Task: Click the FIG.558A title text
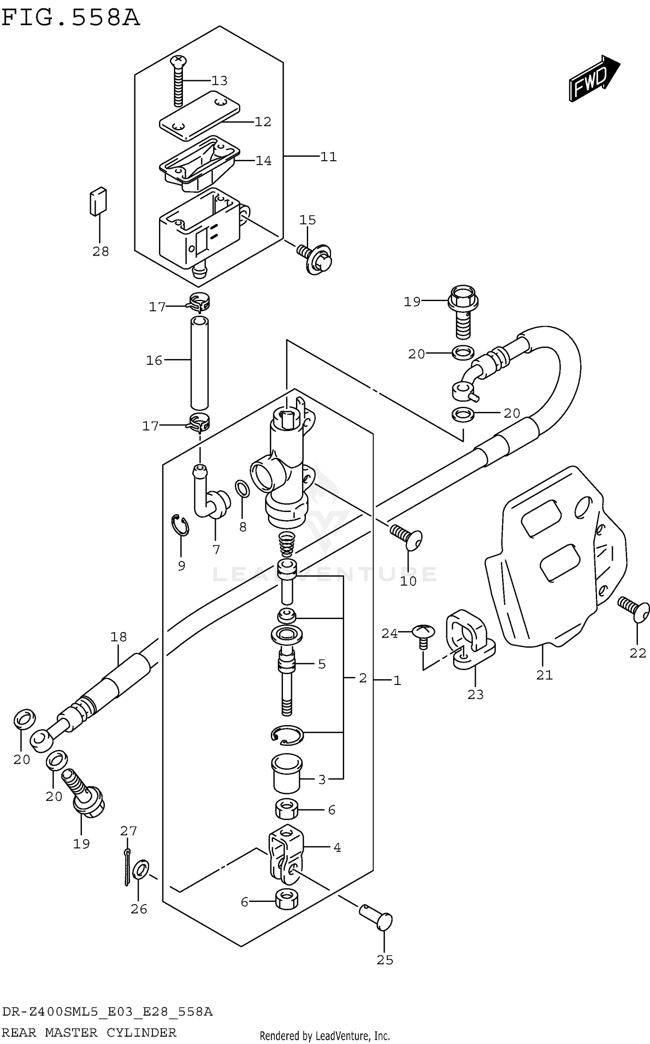click(x=71, y=18)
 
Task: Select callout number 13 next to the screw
click(x=219, y=81)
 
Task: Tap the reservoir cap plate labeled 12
click(x=200, y=115)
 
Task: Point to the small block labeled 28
click(x=98, y=201)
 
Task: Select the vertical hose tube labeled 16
click(x=199, y=363)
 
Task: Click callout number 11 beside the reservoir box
click(x=328, y=157)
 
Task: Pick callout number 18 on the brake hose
click(x=118, y=636)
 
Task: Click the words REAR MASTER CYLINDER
click(x=89, y=1033)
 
